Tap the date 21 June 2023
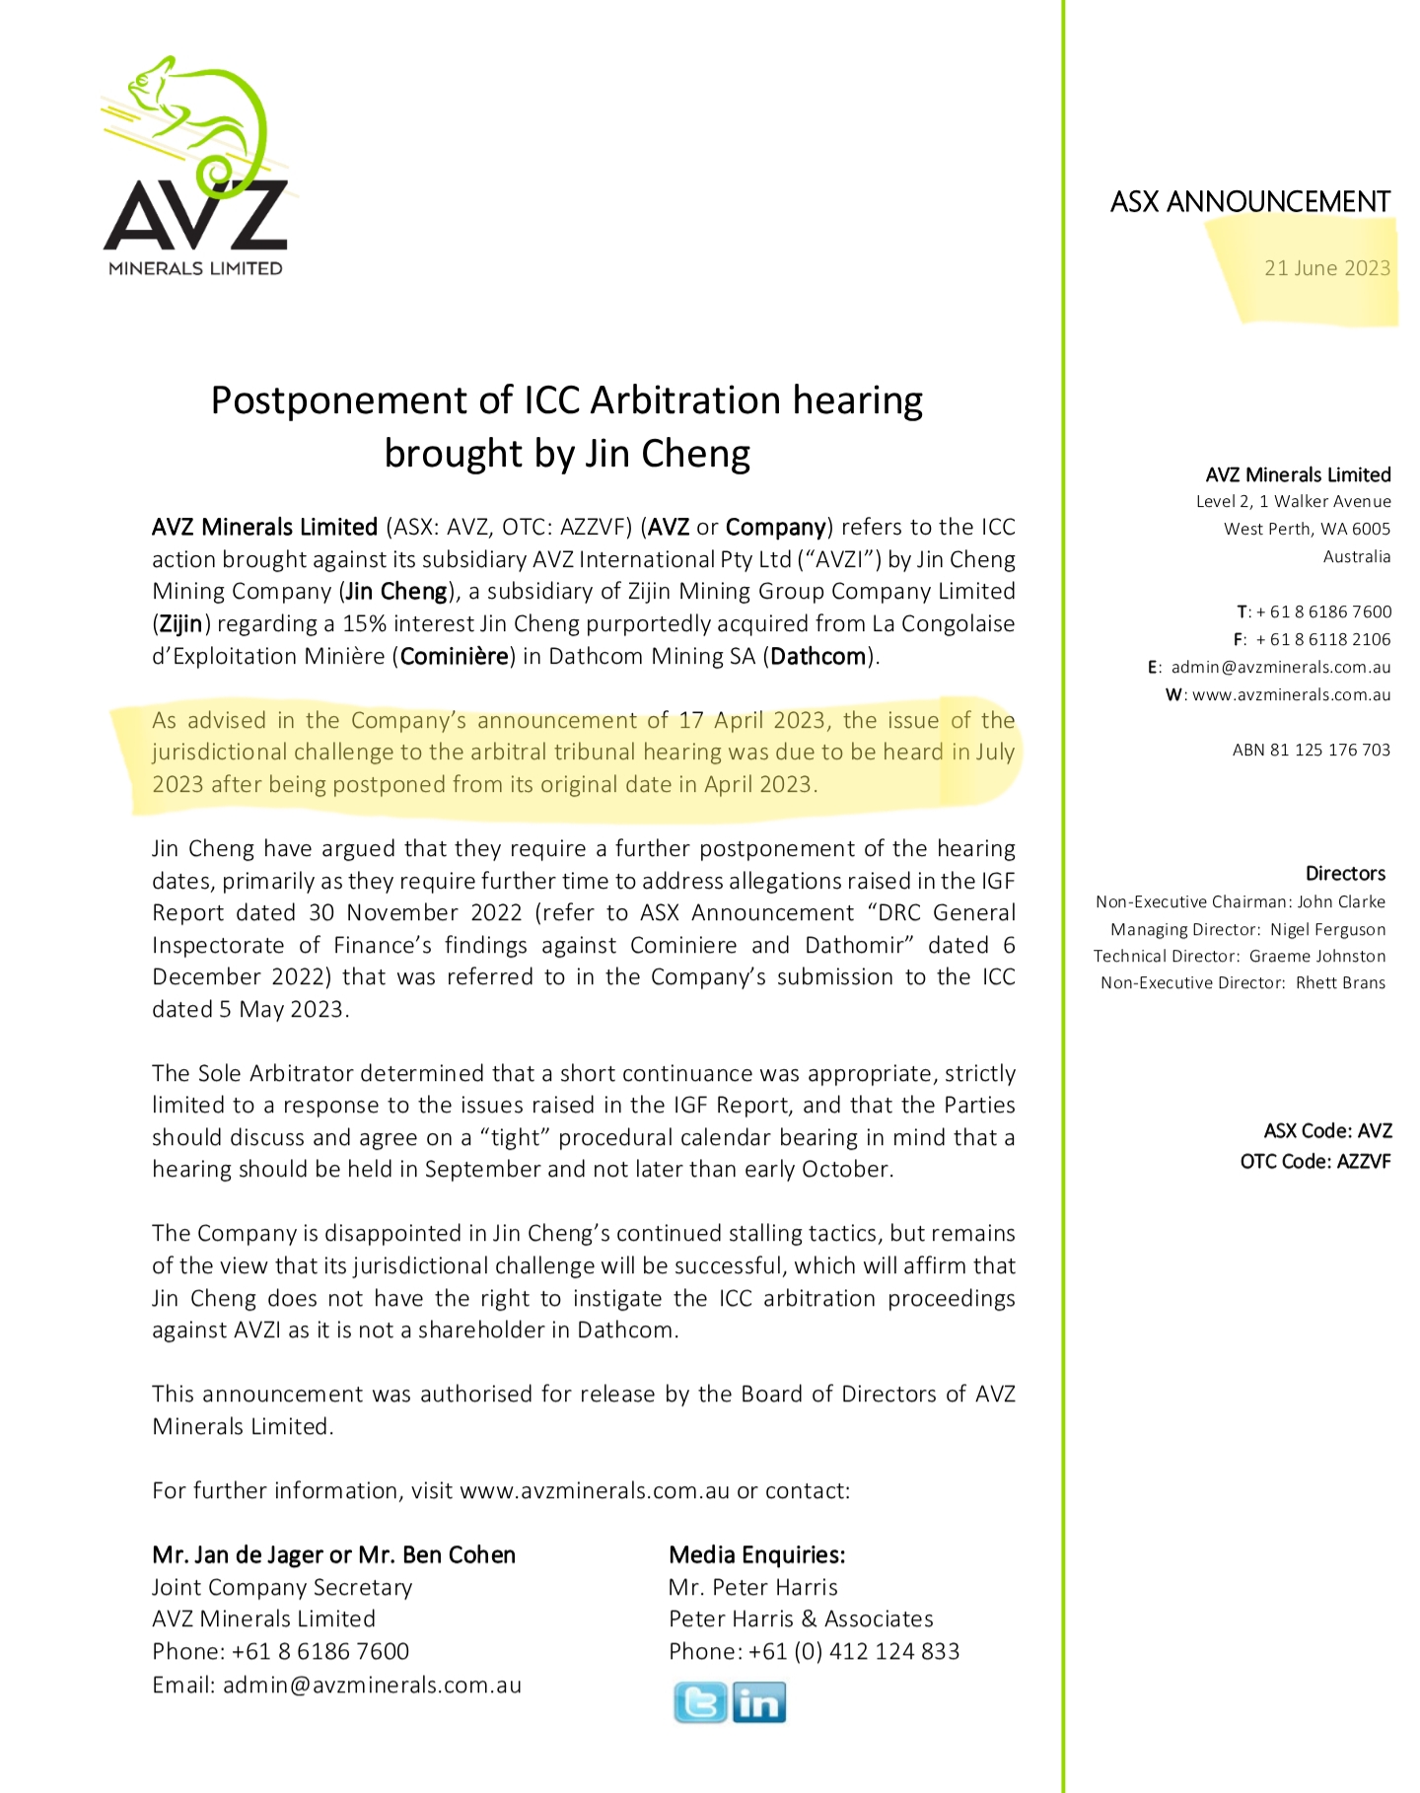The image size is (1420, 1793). pos(1326,268)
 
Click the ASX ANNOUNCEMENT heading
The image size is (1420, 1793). pos(1249,202)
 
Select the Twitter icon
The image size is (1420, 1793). pos(699,1702)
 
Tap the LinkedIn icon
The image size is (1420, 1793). pos(759,1702)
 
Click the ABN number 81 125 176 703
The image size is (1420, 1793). pos(1311,750)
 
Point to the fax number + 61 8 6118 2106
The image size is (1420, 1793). pos(1321,639)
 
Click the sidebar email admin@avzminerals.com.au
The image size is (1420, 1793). pos(1280,667)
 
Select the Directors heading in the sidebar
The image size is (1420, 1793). pos(1345,874)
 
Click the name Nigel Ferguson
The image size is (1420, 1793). pos(1327,929)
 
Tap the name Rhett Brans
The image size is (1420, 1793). pos(1340,982)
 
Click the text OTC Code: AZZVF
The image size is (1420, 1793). pos(1314,1162)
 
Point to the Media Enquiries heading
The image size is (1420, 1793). pos(756,1555)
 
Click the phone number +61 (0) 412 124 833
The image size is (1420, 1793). pos(853,1651)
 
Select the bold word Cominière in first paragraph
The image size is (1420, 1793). pos(455,656)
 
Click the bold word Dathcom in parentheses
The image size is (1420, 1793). pos(817,656)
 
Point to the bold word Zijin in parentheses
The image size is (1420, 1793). pos(180,623)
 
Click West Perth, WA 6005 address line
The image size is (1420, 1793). pos(1307,529)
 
